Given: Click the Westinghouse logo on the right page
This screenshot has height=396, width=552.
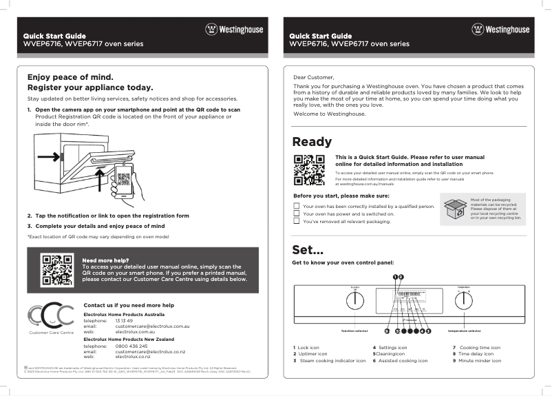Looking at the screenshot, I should point(500,30).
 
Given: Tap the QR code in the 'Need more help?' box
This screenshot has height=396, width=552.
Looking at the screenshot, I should point(56,269).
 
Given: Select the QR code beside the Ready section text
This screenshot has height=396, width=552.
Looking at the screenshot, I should point(309,169).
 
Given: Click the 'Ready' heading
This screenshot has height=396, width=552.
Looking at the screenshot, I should point(312,142).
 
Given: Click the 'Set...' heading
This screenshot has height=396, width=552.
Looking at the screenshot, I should point(308,249).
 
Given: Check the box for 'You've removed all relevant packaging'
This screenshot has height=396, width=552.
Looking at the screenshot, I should point(297,222).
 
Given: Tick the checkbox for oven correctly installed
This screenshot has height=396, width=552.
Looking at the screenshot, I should point(297,206).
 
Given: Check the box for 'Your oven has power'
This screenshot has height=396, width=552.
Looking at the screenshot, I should point(297,213).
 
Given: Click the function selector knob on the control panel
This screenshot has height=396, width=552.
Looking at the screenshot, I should point(355,301).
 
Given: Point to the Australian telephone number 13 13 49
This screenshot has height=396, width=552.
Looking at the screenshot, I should point(124,320).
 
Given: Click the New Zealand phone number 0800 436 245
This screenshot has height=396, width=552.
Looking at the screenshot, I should point(131,346).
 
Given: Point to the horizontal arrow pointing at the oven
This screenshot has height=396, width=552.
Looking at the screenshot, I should point(49,157).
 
